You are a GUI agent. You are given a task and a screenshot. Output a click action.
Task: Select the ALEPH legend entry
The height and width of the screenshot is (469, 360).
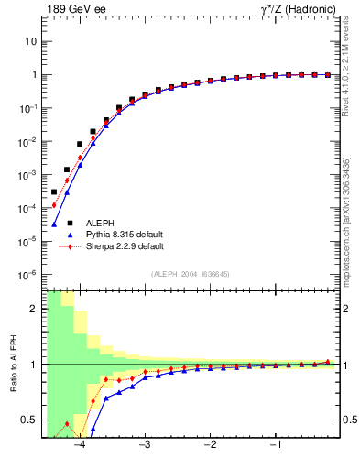click(100, 223)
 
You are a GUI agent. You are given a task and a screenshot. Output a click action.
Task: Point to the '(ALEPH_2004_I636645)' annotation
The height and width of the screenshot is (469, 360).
click(191, 274)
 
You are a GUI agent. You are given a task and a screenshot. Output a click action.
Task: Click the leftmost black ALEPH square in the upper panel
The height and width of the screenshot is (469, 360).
click(54, 191)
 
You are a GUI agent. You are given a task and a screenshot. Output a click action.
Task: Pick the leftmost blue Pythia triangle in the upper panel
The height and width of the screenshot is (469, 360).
click(54, 224)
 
